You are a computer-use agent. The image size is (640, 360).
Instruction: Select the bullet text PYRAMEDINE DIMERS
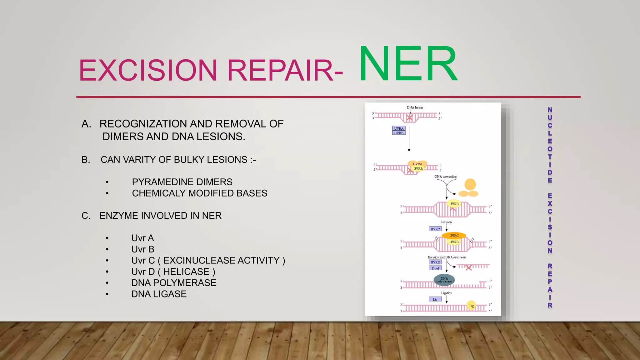pyautogui.click(x=182, y=182)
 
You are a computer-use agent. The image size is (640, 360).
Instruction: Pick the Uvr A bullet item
pyautogui.click(x=142, y=238)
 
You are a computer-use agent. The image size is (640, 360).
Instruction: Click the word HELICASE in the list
pyautogui.click(x=186, y=272)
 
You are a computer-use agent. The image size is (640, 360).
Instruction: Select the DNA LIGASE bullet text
pyautogui.click(x=159, y=294)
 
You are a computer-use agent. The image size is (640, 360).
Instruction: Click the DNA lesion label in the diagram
pyautogui.click(x=415, y=107)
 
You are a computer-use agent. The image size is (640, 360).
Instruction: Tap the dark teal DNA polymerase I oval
pyautogui.click(x=444, y=280)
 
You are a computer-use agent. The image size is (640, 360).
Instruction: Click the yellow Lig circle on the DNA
pyautogui.click(x=471, y=306)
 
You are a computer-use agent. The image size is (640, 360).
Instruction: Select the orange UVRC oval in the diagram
pyautogui.click(x=454, y=236)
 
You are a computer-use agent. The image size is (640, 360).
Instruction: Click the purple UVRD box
pyautogui.click(x=435, y=262)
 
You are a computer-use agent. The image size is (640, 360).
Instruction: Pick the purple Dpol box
pyautogui.click(x=435, y=268)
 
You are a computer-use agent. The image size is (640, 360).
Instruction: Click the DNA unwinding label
pyautogui.click(x=445, y=177)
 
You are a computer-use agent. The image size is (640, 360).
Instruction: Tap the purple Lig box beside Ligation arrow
pyautogui.click(x=435, y=299)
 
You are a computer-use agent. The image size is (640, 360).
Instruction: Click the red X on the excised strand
pyautogui.click(x=468, y=268)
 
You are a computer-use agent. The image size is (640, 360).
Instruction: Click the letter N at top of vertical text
pyautogui.click(x=550, y=110)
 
